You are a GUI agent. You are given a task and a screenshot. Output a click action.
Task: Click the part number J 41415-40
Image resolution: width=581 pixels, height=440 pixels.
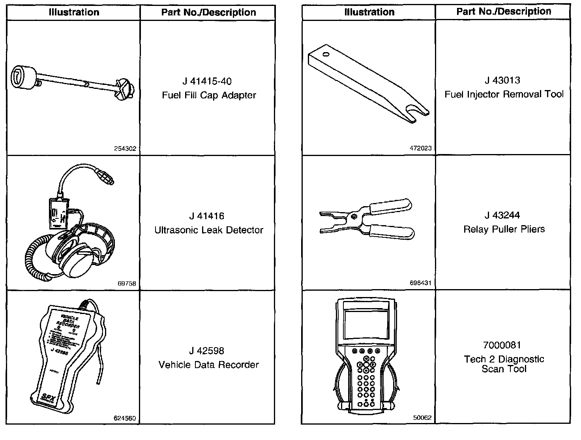click(207, 81)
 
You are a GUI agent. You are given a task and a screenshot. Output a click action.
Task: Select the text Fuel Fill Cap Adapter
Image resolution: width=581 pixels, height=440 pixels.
click(209, 95)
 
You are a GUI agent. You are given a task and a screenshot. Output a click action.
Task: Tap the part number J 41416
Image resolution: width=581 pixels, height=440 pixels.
click(206, 216)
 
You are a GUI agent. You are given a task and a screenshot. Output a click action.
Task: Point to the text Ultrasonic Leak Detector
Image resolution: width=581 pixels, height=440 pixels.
click(209, 230)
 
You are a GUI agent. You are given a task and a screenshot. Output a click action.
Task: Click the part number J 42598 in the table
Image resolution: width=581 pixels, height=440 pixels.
click(206, 351)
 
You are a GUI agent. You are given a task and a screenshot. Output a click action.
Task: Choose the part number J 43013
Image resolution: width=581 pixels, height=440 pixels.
click(502, 81)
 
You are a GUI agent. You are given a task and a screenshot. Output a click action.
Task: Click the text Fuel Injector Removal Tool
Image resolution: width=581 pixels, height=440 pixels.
click(504, 94)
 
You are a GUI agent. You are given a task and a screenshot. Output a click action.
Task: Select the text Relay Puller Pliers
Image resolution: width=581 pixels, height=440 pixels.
click(504, 229)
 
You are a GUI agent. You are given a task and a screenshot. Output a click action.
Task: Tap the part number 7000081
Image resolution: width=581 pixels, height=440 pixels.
click(502, 345)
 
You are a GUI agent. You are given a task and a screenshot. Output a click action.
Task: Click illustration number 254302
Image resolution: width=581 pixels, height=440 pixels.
click(125, 149)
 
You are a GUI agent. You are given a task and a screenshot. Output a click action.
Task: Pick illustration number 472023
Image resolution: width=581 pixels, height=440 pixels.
click(421, 149)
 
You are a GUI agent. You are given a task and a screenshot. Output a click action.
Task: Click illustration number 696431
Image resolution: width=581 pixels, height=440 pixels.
click(421, 283)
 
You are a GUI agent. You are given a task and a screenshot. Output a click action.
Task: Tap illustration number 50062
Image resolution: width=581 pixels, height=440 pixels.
click(423, 418)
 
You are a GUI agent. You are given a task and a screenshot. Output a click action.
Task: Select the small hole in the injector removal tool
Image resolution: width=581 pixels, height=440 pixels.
click(325, 54)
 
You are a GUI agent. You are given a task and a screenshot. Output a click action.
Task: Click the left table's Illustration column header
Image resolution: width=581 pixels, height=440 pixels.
click(74, 12)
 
